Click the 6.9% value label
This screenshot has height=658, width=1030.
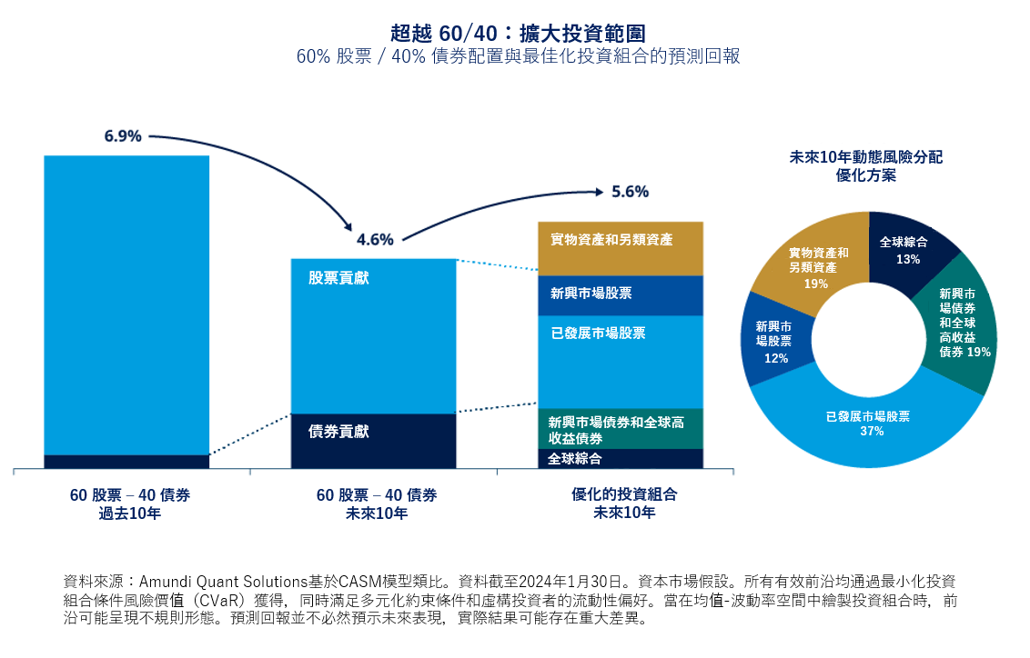123,136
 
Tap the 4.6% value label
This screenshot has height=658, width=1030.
375,240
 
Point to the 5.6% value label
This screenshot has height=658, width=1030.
630,192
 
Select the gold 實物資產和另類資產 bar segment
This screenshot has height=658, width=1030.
621,248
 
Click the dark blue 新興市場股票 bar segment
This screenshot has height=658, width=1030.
621,294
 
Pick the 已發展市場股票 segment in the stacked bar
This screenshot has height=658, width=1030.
621,362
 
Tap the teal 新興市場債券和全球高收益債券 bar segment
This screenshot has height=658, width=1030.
621,429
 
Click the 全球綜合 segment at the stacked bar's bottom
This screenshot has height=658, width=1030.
621,459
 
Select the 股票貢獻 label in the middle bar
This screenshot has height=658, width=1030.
338,278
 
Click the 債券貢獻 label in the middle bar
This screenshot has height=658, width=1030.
338,432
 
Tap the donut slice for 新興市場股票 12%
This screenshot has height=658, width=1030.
773,340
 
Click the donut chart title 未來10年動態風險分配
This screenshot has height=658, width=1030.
865,157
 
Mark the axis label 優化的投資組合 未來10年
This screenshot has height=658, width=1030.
624,503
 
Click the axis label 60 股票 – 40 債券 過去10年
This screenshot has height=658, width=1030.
130,503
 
